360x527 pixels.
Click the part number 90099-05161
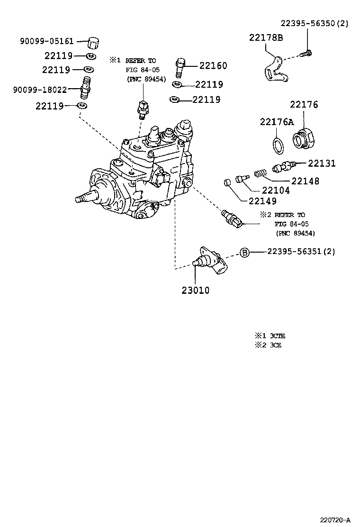(x=46, y=41)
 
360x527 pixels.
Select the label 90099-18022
(x=46, y=90)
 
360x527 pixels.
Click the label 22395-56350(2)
(x=314, y=23)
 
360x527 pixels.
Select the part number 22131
(x=322, y=164)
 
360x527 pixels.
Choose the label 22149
(x=261, y=200)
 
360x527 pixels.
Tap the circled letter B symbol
(x=244, y=252)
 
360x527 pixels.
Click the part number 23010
(x=195, y=290)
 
